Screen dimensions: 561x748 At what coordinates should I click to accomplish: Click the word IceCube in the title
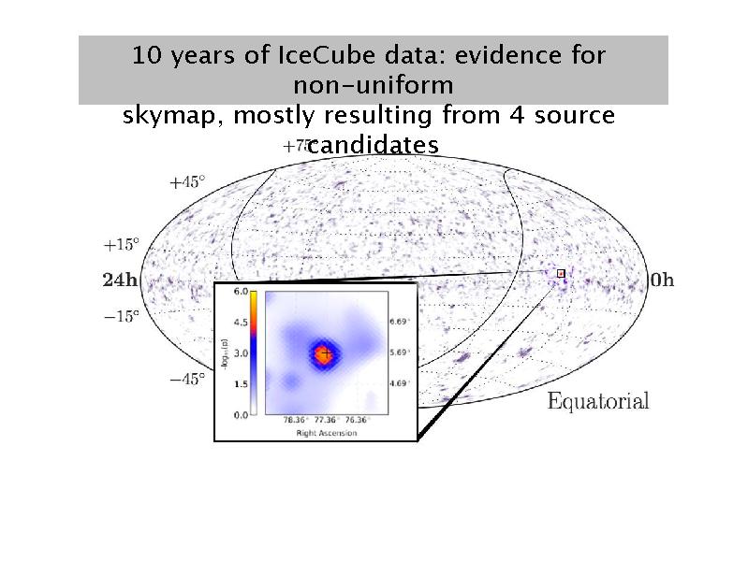(314, 54)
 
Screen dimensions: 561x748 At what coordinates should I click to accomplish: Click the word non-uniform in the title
(374, 85)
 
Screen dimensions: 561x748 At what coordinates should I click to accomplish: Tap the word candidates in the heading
(374, 145)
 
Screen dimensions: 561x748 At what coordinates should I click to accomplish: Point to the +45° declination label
(186, 182)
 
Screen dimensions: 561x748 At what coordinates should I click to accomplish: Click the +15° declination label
(121, 245)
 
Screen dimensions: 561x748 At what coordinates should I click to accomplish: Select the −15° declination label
(121, 316)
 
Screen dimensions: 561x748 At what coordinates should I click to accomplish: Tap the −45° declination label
(187, 380)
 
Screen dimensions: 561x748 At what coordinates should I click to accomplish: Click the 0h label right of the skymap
(661, 280)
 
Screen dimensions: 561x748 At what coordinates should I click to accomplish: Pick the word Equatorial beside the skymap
(597, 402)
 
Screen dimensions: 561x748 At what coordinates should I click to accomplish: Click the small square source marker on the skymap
(561, 273)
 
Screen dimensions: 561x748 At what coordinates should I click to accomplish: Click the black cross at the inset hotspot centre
(324, 353)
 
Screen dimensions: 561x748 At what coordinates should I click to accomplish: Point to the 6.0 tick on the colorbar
(240, 293)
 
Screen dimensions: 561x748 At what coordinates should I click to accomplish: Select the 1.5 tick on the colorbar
(240, 383)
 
